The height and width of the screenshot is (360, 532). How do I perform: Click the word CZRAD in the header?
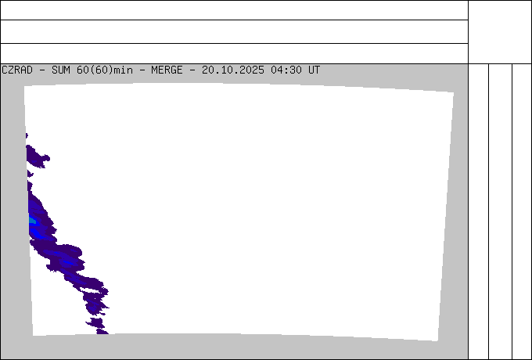[17, 70]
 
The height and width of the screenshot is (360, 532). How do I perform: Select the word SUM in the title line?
[61, 70]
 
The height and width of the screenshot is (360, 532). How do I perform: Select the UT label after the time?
[315, 70]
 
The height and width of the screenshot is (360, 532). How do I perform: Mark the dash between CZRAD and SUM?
[42, 70]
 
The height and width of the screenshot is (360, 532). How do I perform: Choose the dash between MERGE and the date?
[192, 70]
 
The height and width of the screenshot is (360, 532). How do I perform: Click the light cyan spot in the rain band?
[32, 221]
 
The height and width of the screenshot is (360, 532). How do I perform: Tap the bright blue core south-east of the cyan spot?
[68, 261]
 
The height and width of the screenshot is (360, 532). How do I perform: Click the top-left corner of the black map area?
[24, 86]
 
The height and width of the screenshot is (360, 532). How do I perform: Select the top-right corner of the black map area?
[453, 92]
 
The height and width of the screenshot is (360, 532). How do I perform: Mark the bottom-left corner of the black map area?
[33, 335]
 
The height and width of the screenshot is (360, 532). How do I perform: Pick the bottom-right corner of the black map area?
[437, 341]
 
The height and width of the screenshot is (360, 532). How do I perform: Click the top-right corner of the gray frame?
[467, 65]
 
